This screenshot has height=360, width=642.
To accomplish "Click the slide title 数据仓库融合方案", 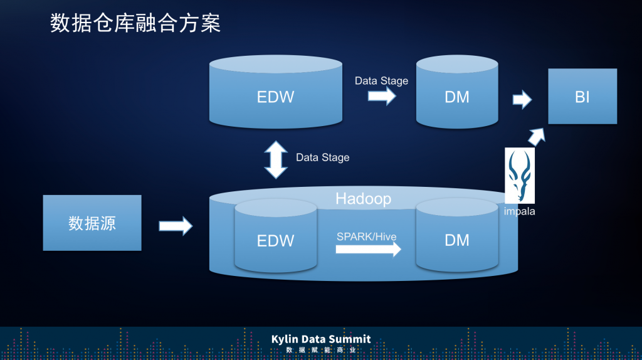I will click(135, 24).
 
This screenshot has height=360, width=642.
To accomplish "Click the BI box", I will click(582, 97).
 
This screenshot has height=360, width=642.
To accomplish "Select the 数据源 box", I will click(92, 223).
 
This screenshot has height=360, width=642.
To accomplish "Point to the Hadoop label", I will click(363, 199).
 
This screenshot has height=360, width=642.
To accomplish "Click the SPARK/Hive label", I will click(367, 236).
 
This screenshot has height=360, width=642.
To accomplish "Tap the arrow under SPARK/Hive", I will click(368, 250).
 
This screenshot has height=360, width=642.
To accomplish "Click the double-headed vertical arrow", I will click(275, 159).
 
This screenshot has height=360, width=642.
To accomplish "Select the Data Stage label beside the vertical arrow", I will click(322, 157).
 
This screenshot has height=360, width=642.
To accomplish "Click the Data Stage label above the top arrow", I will click(381, 81).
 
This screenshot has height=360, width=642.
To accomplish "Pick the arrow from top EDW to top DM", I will click(382, 96).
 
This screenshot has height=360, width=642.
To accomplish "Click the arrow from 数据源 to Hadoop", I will click(176, 226).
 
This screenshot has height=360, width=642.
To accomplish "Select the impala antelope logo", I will click(520, 176).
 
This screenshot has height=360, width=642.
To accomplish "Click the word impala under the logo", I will click(519, 211).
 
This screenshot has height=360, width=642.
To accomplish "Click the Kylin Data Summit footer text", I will click(321, 339).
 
